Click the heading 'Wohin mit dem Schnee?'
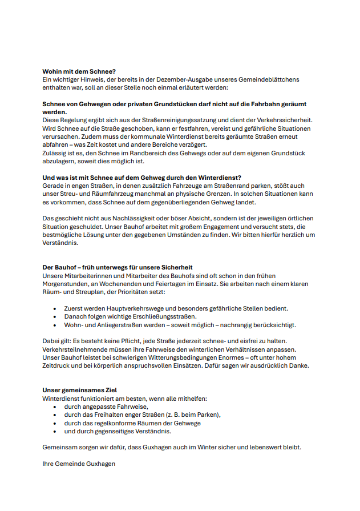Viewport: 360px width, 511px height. point(79,71)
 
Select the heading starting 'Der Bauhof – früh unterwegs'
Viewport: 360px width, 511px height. point(118,267)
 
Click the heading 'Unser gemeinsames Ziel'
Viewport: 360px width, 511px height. point(80,391)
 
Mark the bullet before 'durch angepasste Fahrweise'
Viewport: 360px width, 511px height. point(54,407)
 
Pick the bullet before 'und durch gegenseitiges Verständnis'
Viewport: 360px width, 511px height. point(54,432)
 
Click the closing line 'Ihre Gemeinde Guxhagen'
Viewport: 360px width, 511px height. point(79,464)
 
